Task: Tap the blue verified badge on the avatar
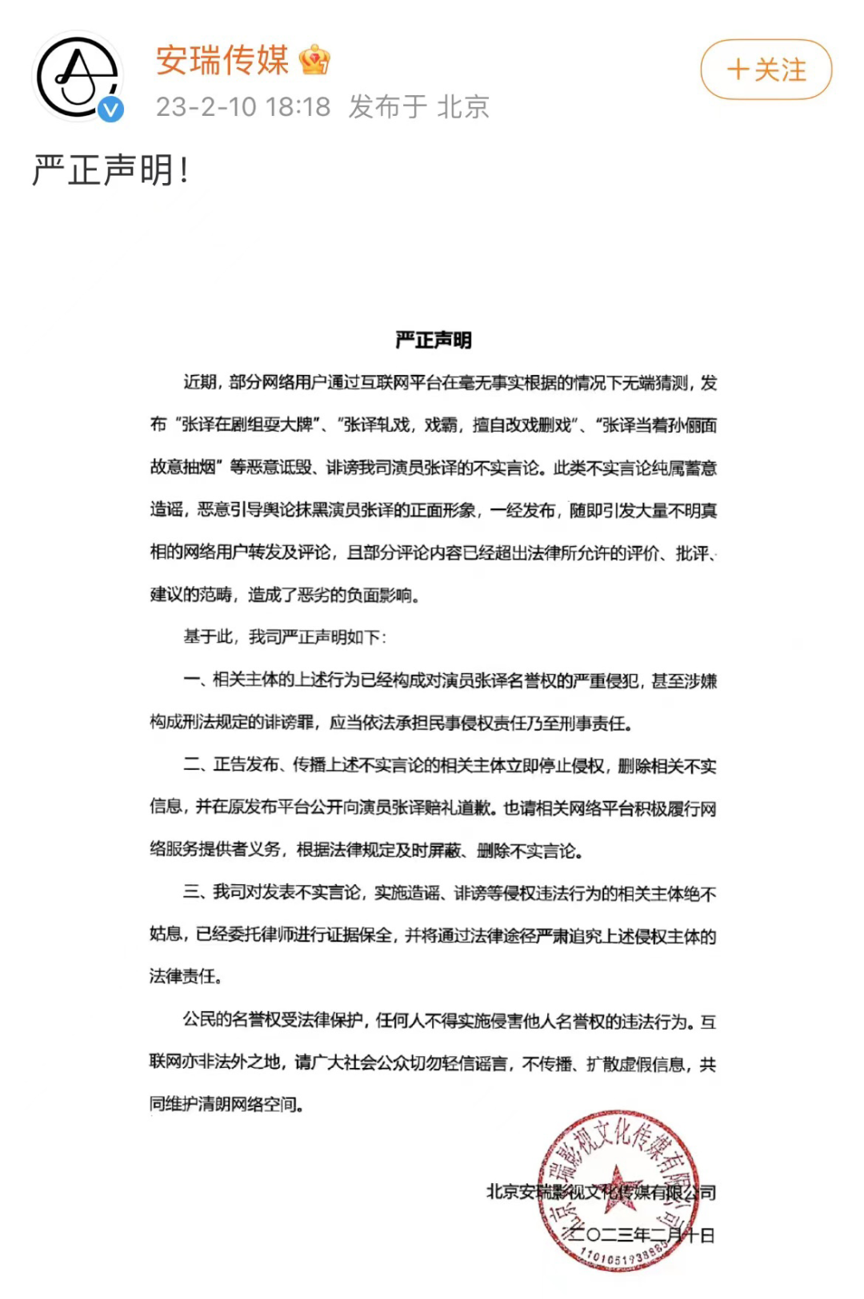coord(111,110)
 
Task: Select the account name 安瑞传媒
coord(222,61)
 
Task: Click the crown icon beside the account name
coord(314,61)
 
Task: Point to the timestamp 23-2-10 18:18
coord(243,107)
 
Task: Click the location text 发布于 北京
coord(419,107)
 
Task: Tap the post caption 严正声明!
coord(110,170)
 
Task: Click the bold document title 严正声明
coord(434,341)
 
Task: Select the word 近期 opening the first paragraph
coord(199,383)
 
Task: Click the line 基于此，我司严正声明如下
coord(285,637)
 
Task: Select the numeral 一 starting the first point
coord(192,680)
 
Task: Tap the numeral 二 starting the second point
coord(192,765)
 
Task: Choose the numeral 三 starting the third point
coord(192,892)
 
